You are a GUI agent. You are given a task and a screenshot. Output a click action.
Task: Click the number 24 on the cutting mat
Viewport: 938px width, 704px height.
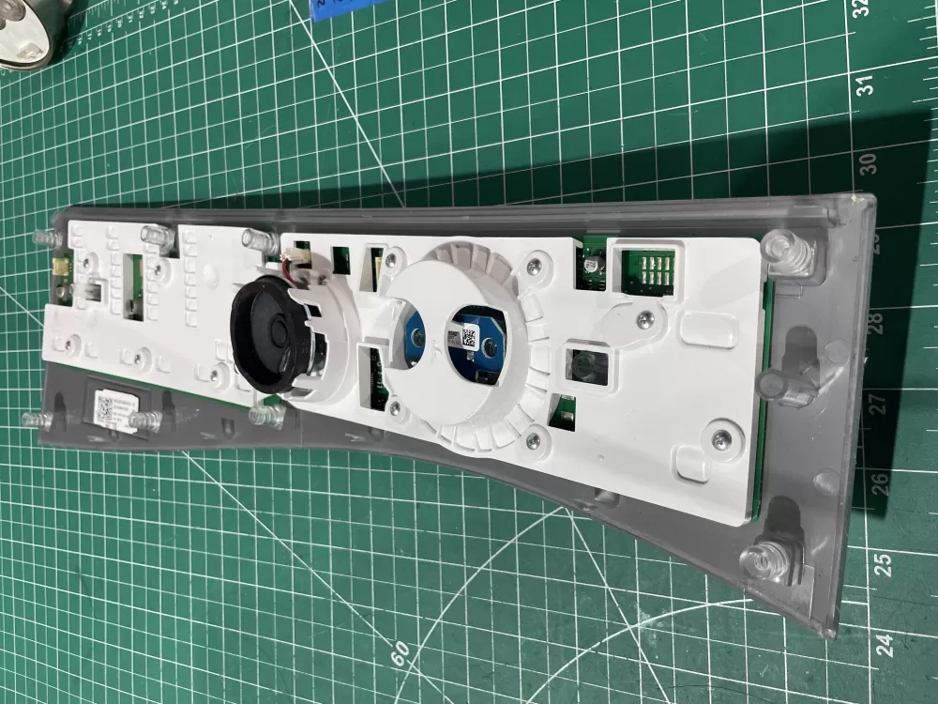coord(885,644)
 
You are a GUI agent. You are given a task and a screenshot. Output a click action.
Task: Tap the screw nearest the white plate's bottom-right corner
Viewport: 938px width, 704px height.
coord(719,438)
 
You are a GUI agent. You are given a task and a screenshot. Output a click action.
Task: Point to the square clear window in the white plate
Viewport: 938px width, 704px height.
coord(580,361)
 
